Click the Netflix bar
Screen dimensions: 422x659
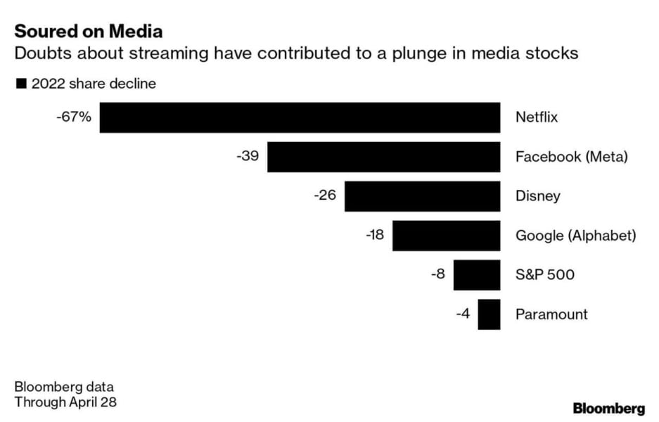pos(300,117)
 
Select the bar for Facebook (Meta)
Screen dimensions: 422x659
pos(383,157)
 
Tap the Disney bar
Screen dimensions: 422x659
pos(422,196)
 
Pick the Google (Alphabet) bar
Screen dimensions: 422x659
pos(446,235)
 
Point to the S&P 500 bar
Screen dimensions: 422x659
pos(476,274)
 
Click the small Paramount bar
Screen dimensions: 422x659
pos(489,314)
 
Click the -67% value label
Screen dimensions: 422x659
pos(74,117)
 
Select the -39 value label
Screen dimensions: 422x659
pos(248,156)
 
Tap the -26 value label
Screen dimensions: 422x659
pos(325,196)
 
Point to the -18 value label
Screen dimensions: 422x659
pos(374,235)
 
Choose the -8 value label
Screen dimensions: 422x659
pos(437,274)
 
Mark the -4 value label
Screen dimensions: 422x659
pos(463,314)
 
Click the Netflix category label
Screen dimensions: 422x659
pos(537,117)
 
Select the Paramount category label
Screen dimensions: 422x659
pos(551,314)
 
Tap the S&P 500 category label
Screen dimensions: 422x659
pos(545,274)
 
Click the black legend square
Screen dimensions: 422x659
pos(21,84)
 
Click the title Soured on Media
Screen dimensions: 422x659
pos(89,32)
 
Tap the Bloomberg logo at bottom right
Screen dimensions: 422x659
pos(608,408)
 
